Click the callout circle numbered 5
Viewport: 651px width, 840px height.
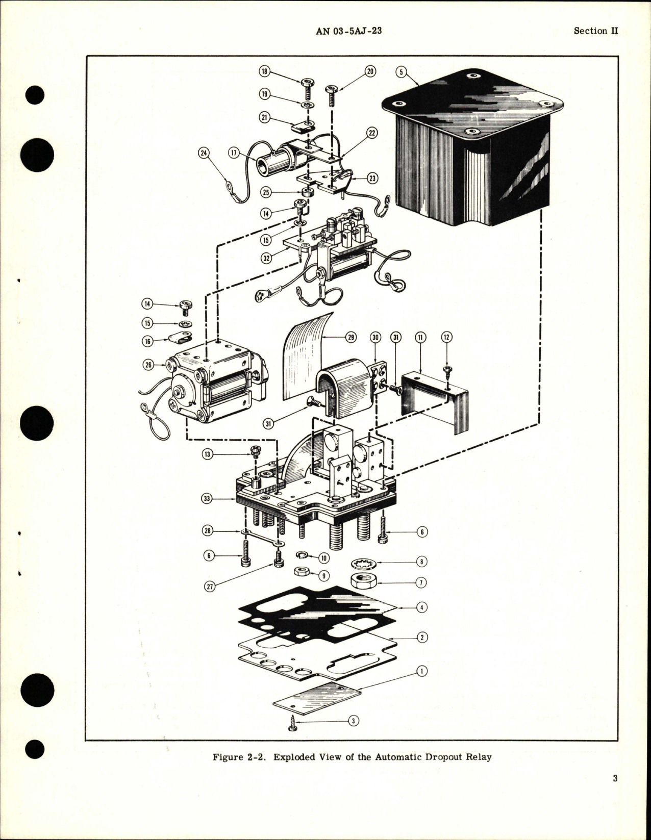tap(402, 72)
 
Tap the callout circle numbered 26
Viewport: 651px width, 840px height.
tap(148, 365)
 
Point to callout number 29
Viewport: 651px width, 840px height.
tap(351, 337)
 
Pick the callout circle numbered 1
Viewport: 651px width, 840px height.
tap(421, 671)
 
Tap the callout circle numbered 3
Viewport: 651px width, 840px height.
tap(354, 721)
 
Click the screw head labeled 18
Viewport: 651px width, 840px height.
tap(308, 84)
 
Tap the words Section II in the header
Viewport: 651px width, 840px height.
tap(595, 31)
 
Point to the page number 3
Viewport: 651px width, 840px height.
tap(615, 793)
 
